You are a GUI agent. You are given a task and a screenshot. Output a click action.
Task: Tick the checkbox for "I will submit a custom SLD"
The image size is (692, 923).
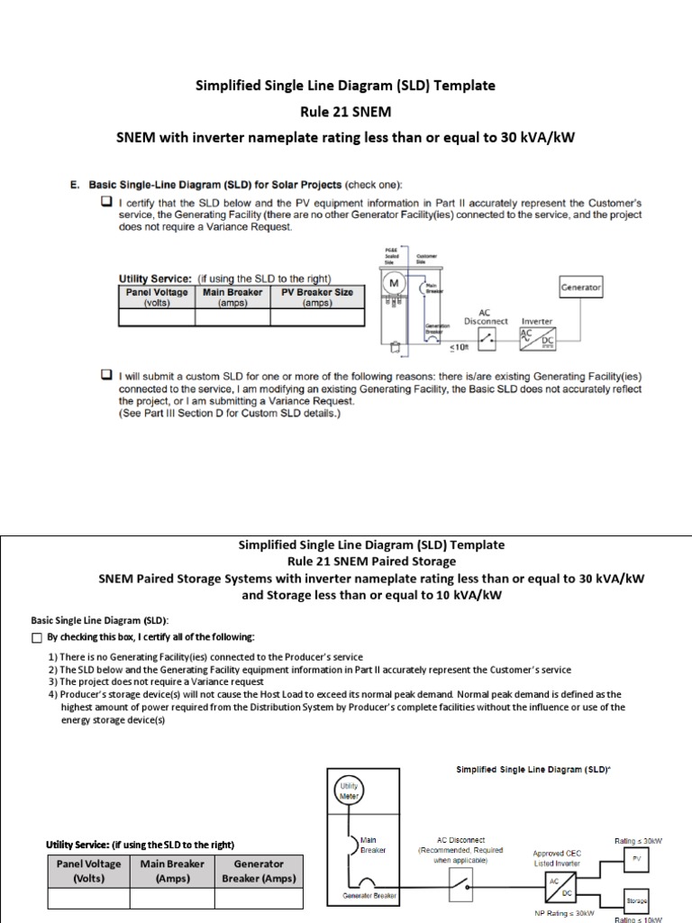coord(106,374)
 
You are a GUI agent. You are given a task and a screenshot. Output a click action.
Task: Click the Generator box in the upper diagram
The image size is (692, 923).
coord(581,288)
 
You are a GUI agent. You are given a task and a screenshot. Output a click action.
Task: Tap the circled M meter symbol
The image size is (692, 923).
coord(394,284)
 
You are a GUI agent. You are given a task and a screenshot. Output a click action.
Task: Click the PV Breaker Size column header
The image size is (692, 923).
coord(318,297)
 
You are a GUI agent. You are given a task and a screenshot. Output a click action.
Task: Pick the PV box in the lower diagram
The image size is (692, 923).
coord(637,859)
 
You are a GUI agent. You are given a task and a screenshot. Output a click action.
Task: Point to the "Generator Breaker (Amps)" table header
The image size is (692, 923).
coord(259,871)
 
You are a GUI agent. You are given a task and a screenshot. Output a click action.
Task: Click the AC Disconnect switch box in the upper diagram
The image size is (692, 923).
coord(487,339)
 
